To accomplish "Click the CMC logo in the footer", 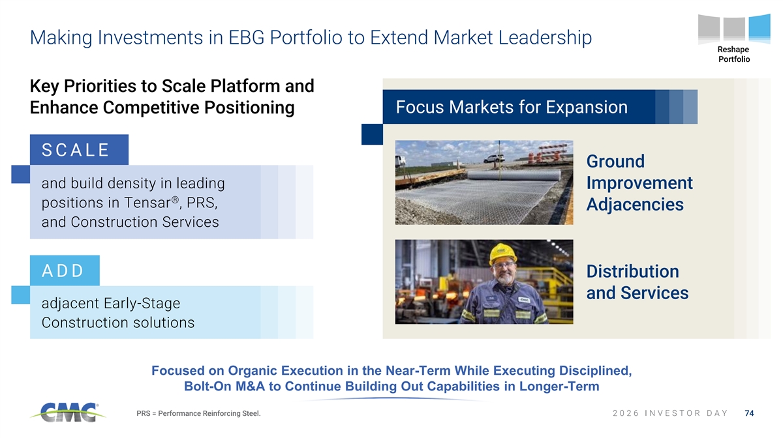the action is coord(68,413).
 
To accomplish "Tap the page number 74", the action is coord(750,413).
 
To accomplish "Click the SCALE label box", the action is coord(79,150).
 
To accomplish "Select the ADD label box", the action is coord(65,271).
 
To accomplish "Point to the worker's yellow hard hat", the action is coord(502,254).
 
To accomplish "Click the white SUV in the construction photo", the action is coord(494,159).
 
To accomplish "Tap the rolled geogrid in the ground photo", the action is coord(514,175).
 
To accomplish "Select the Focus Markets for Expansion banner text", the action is coord(512,107).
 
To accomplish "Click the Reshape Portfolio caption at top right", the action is coord(733,54).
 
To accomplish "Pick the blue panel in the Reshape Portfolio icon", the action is coord(760,28).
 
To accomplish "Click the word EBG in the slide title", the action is coord(247,37).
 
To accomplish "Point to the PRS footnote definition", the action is coord(198,413).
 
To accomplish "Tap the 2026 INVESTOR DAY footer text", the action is coord(670,413).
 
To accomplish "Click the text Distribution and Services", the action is coord(637,282).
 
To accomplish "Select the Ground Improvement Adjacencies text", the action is coord(639,183).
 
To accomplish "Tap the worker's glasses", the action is coord(503,265).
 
